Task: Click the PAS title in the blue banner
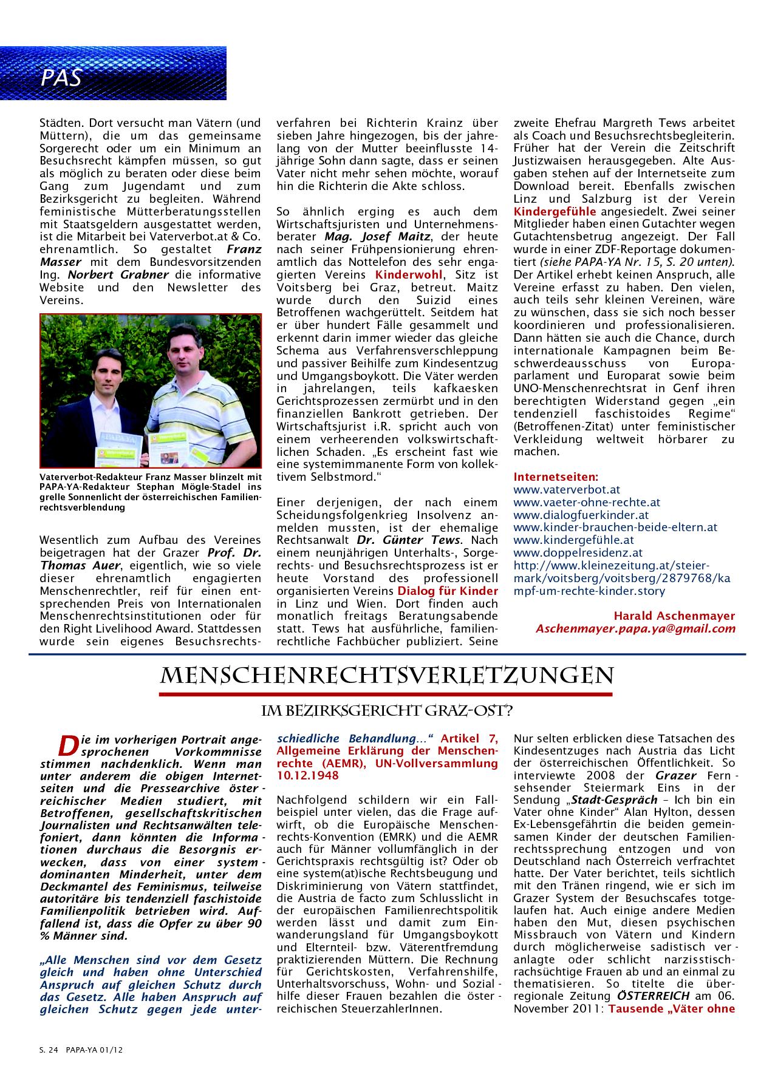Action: point(61,78)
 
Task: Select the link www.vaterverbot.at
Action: point(558,489)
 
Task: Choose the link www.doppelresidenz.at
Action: point(569,552)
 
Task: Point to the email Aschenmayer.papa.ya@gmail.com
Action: point(635,629)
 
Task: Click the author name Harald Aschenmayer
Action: point(674,616)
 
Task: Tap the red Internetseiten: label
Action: point(556,477)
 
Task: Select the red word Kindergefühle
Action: point(555,211)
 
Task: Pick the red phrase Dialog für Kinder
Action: point(448,591)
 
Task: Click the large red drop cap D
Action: point(67,744)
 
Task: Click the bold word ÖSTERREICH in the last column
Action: point(653,996)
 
